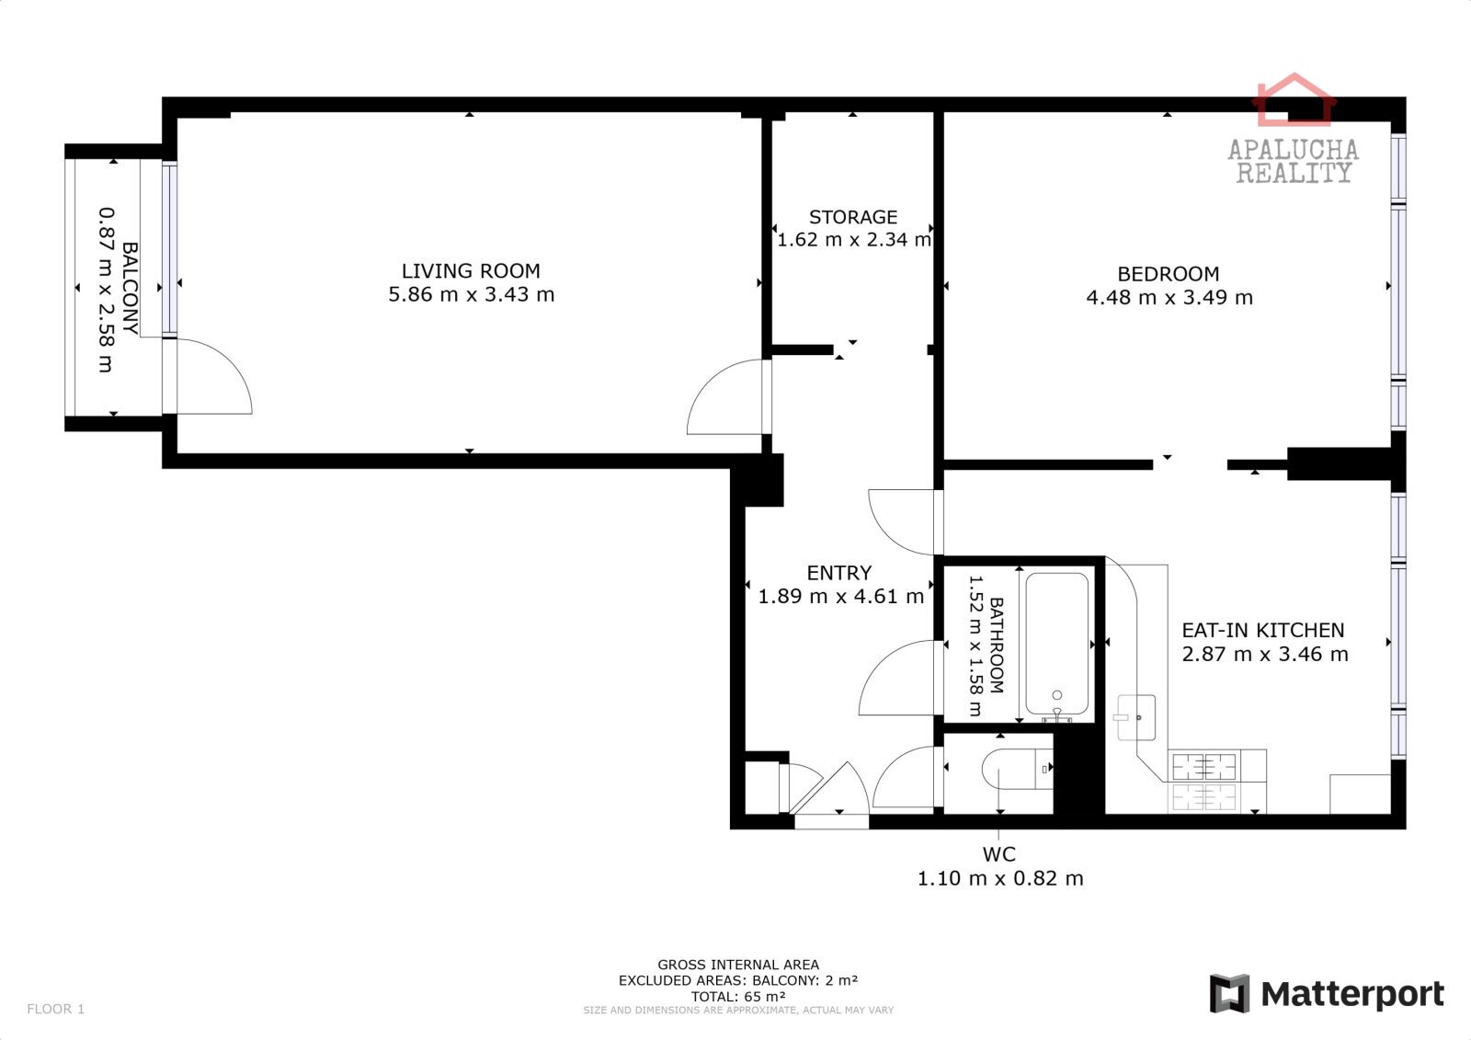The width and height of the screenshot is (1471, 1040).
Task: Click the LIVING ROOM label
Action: [x=471, y=270]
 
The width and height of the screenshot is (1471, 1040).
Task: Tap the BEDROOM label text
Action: [x=1169, y=274]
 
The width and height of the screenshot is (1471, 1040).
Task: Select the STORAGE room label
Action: [x=853, y=217]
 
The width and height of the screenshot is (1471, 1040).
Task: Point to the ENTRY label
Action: [x=839, y=573]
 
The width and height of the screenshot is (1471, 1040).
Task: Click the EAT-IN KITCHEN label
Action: [x=1263, y=630]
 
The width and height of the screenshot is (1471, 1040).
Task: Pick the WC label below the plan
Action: [x=998, y=854]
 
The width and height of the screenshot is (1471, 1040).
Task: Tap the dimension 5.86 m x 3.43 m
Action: [x=471, y=294]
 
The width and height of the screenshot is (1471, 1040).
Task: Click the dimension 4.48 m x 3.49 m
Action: [x=1169, y=298]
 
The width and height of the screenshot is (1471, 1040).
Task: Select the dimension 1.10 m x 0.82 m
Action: [x=999, y=878]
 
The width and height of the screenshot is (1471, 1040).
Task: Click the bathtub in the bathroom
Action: [x=1056, y=644]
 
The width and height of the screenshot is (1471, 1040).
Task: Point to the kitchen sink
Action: [x=1136, y=717]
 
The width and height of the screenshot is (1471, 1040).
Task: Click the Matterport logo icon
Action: [x=1229, y=993]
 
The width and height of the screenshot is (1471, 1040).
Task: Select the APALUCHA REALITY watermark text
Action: [x=1293, y=161]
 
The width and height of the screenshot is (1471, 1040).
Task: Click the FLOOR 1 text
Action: [x=56, y=1009]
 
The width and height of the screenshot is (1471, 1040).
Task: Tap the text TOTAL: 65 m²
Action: [x=738, y=997]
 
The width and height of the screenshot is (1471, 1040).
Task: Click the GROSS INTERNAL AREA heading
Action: [x=738, y=965]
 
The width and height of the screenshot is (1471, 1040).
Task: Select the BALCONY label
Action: [x=130, y=289]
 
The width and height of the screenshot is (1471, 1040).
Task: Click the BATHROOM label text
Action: [x=997, y=646]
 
